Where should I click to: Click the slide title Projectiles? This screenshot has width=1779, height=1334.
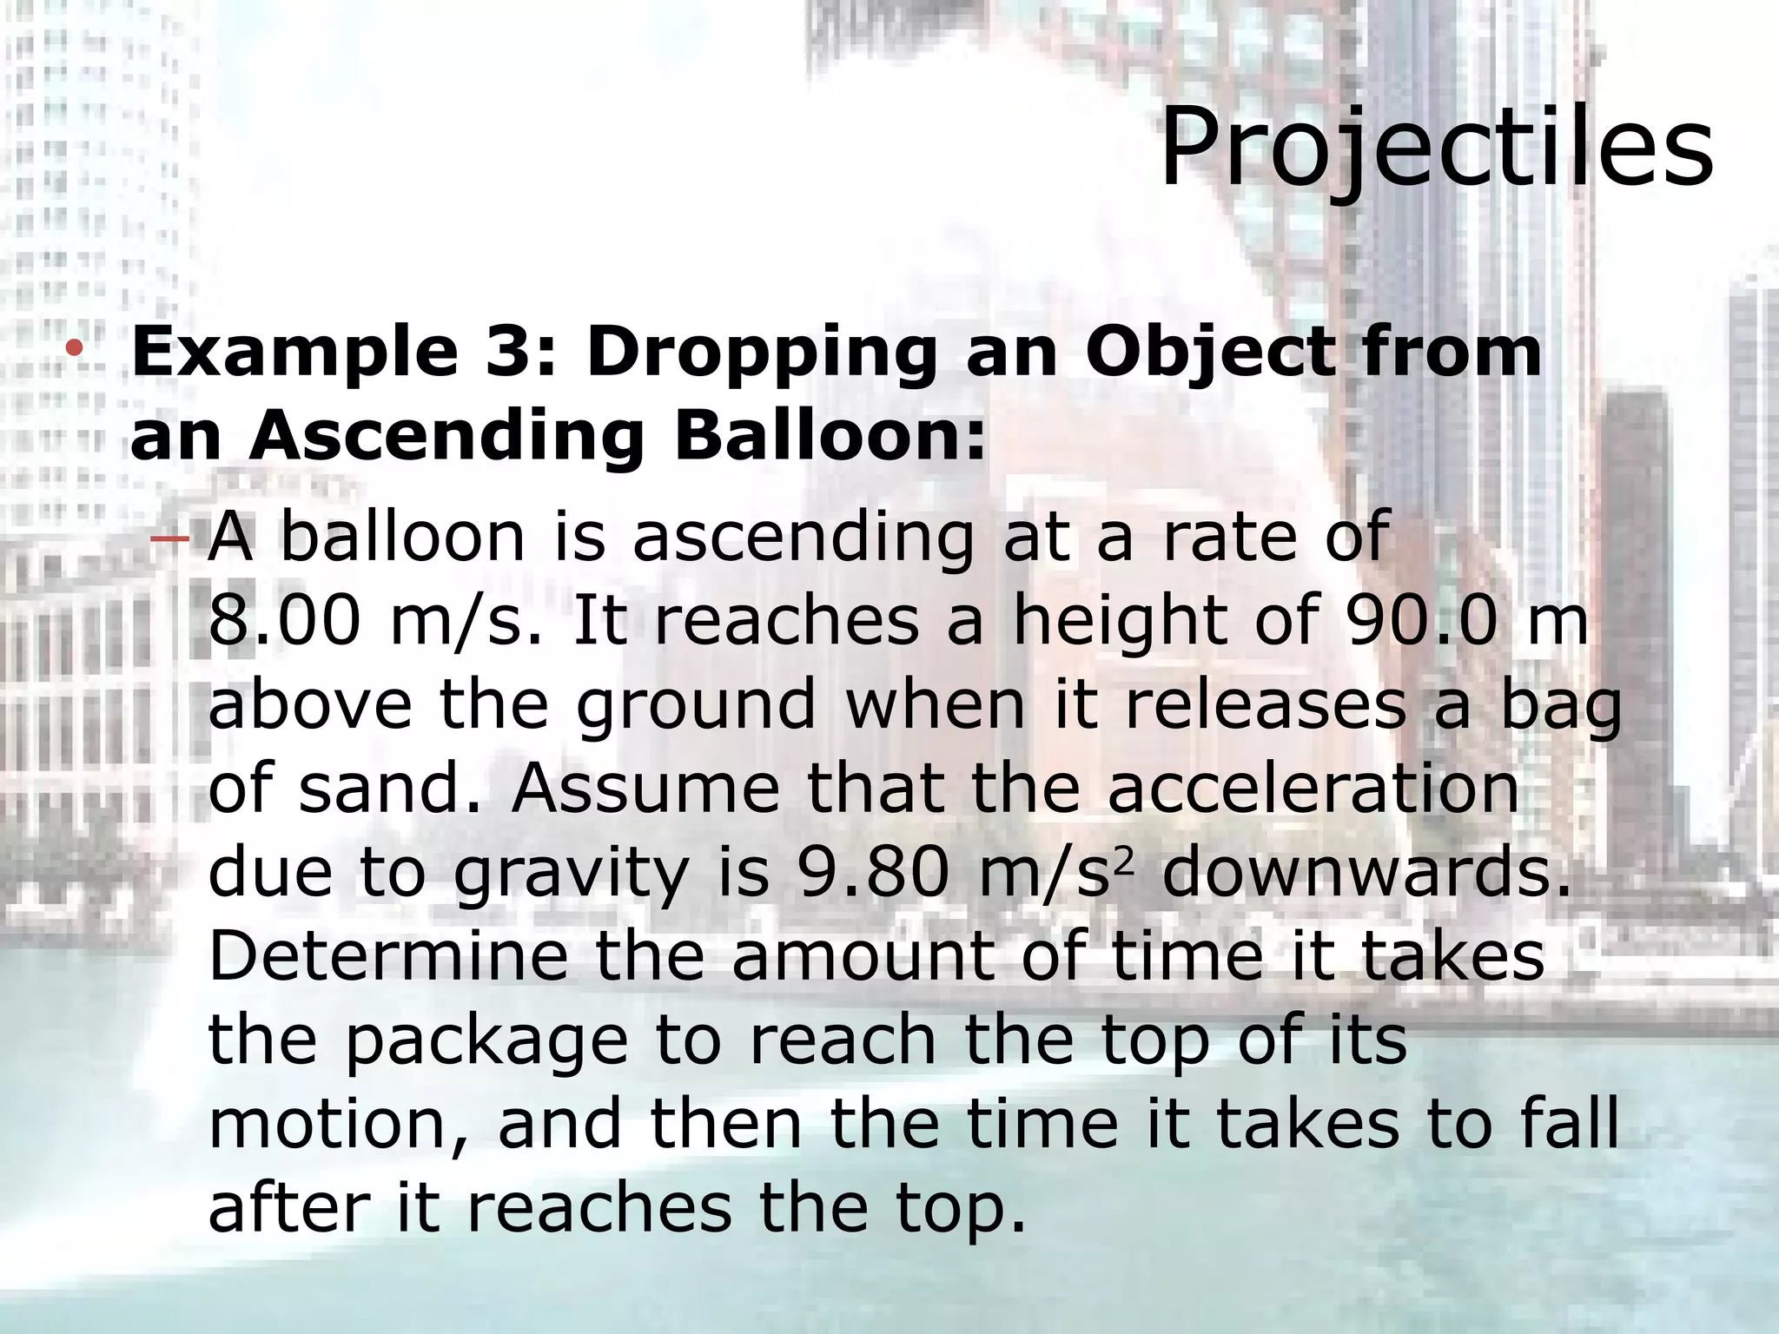click(x=1436, y=148)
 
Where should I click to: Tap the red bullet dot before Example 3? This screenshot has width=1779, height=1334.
click(x=75, y=349)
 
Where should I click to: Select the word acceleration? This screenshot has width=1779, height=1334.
click(x=1313, y=789)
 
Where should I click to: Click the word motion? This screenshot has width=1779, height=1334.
click(x=339, y=1124)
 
